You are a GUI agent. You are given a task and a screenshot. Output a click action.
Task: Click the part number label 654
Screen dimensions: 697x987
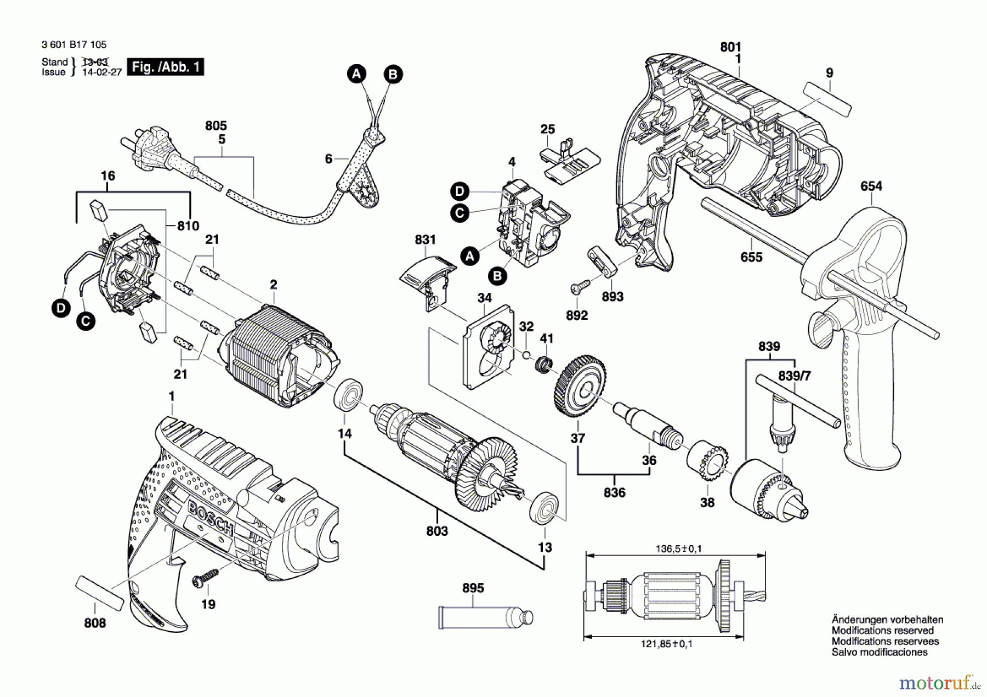(x=871, y=186)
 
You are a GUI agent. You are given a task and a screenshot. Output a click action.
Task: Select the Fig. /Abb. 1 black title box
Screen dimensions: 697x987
(x=165, y=67)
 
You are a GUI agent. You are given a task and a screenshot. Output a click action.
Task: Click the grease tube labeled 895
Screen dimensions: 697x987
(x=485, y=617)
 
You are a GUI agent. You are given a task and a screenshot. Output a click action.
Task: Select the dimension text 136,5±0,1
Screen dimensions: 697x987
(x=678, y=548)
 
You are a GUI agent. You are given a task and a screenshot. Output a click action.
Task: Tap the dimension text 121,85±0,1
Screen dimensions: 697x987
(x=666, y=644)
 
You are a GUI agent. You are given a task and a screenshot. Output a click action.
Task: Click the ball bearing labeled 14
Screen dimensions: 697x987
(x=348, y=394)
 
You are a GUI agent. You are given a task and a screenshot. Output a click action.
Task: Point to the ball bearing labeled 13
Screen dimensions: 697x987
(x=544, y=508)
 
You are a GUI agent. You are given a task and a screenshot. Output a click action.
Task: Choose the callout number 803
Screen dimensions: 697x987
(x=436, y=531)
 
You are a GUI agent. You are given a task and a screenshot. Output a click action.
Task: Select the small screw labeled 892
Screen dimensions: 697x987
(x=580, y=286)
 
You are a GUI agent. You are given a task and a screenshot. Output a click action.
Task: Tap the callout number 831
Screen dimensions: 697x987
(x=425, y=240)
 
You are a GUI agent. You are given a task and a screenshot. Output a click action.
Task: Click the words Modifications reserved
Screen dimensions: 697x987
(x=882, y=631)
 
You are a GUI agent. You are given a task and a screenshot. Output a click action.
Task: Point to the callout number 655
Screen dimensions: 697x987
(x=751, y=257)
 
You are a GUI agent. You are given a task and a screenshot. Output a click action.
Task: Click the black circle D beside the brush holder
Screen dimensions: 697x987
(x=61, y=308)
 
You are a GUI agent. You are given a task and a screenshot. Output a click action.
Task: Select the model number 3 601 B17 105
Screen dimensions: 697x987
(x=74, y=45)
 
